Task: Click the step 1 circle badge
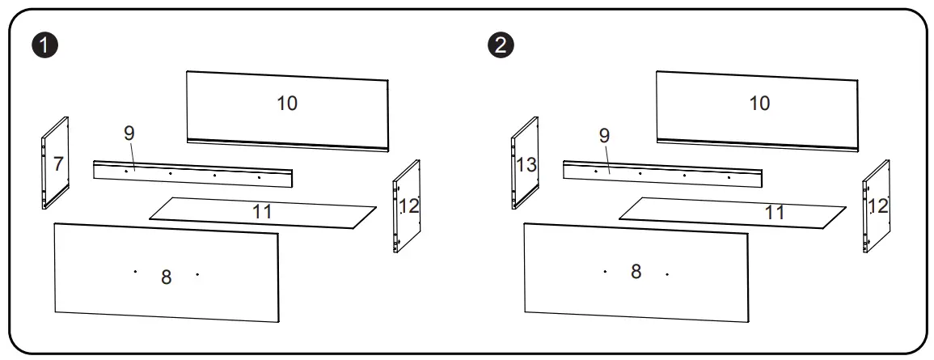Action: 50,45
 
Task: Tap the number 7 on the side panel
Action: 58,164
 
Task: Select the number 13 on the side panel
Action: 526,165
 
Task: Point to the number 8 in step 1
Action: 167,277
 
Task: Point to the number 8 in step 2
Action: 636,272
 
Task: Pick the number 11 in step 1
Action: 261,212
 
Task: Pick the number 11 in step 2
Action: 774,213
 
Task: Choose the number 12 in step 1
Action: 409,206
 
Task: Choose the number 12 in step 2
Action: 878,205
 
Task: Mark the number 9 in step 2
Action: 603,136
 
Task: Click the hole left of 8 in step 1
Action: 135,272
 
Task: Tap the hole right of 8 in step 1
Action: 197,274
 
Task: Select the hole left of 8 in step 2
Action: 605,271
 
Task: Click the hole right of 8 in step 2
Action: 667,273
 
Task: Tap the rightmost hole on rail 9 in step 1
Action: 259,176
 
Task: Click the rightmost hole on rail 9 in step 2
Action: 729,176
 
